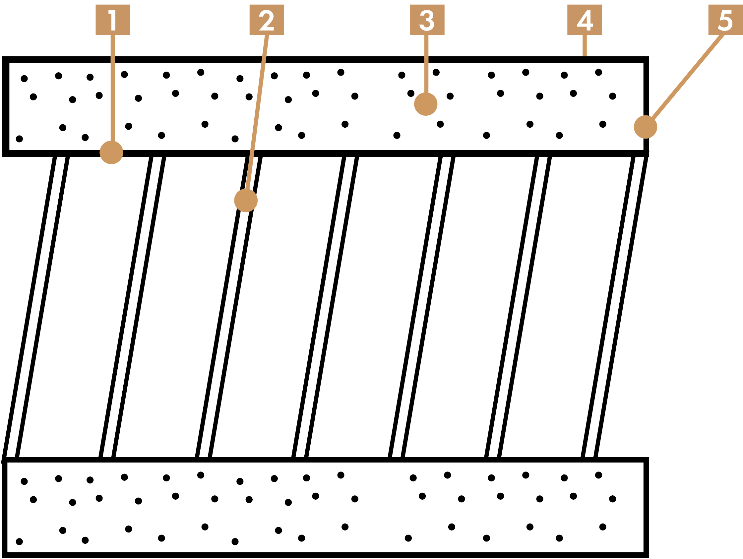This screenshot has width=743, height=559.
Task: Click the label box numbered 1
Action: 112,20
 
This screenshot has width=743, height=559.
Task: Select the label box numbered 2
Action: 266,20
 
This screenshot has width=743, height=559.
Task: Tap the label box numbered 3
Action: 427,20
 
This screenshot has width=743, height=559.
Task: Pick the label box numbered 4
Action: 585,20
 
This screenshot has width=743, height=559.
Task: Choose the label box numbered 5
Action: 725,20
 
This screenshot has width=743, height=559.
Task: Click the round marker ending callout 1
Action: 111,153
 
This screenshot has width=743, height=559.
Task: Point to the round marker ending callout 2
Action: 246,201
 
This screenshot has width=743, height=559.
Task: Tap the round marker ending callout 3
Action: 426,104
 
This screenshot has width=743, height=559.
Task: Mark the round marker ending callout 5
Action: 645,127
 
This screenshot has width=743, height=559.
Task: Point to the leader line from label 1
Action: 112,87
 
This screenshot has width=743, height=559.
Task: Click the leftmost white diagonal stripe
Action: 36,307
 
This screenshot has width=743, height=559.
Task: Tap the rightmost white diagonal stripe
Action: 614,307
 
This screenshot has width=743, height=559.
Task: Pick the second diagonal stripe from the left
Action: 132,307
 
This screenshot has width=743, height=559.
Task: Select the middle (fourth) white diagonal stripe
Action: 325,307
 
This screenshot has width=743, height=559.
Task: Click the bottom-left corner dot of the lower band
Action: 20,541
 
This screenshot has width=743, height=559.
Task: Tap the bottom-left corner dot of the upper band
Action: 20,139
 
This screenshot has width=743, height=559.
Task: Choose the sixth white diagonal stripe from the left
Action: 518,307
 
